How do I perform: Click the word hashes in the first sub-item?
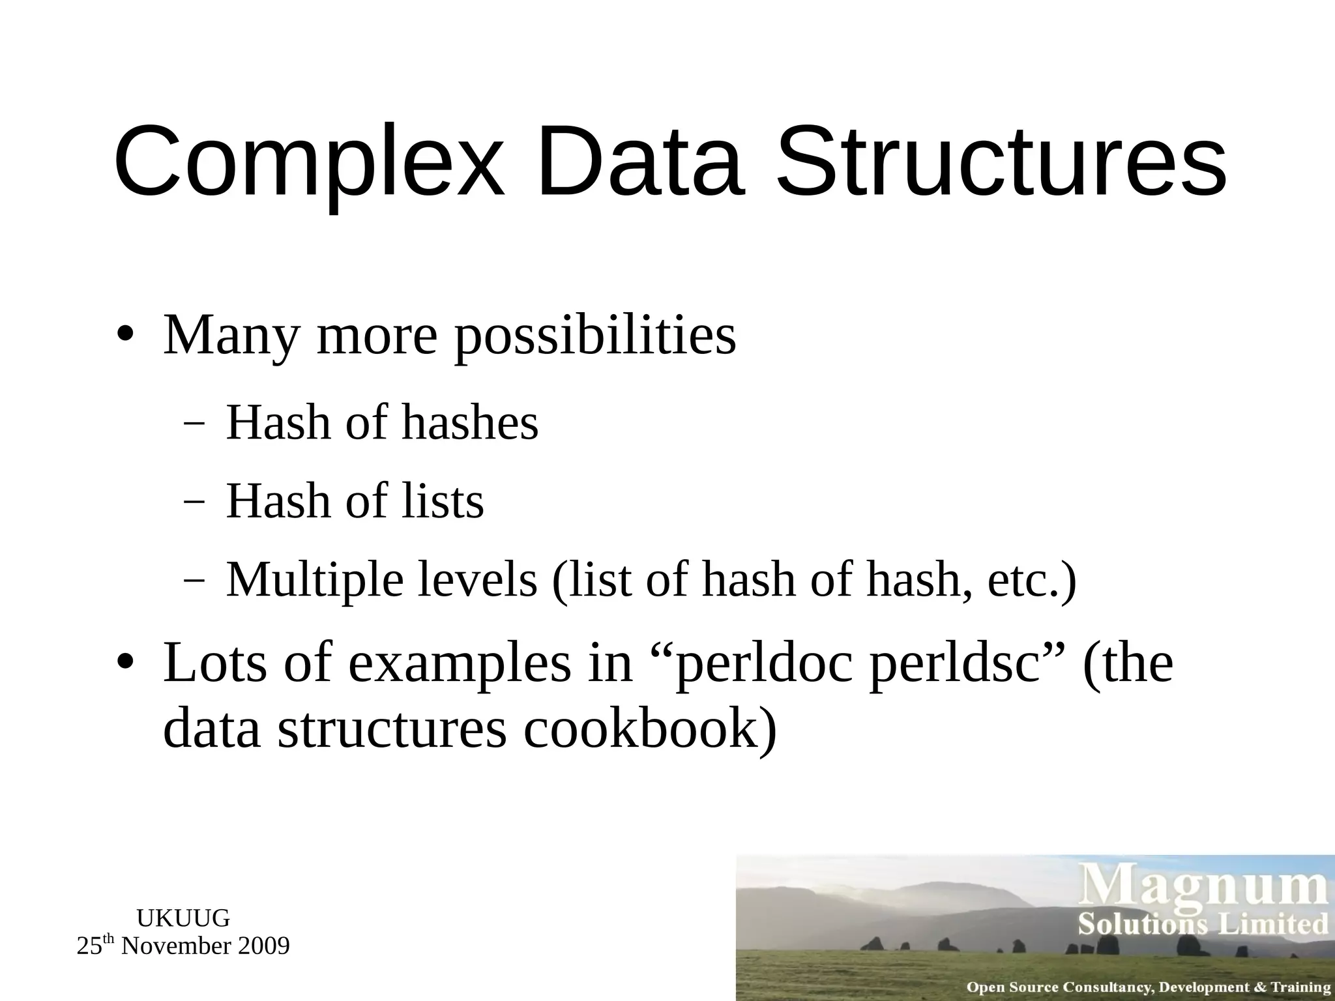470,423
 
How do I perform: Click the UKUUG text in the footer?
183,918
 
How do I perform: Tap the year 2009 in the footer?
263,946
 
